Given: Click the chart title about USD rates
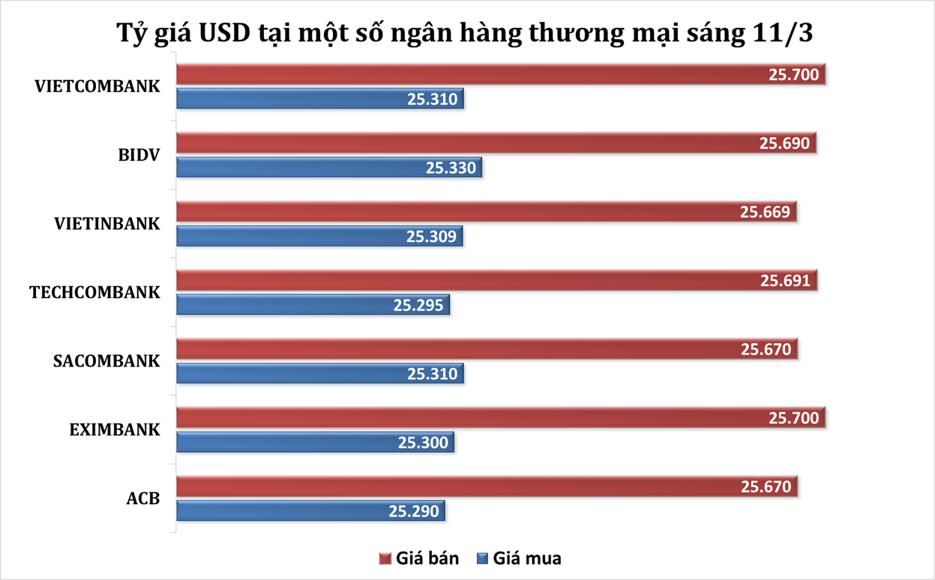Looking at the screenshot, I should tap(467, 34).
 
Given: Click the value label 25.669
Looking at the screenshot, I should tap(765, 212).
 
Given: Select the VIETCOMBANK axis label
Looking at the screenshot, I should tap(97, 85).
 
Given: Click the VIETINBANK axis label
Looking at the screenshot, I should tap(107, 223).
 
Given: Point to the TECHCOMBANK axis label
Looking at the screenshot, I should tap(94, 292).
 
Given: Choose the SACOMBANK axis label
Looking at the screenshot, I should tap(106, 361).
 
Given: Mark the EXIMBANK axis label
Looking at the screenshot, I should tap(115, 430).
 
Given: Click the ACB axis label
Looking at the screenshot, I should tap(143, 499).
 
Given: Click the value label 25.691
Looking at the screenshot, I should tap(785, 281).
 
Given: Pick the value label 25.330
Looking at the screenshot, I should tap(451, 168).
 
